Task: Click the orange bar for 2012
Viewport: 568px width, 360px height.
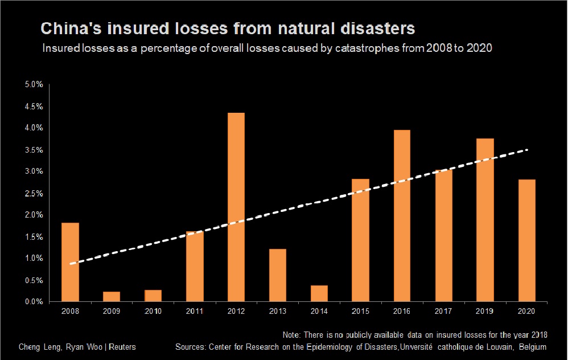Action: [x=236, y=207]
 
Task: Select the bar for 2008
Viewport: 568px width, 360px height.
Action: [x=70, y=262]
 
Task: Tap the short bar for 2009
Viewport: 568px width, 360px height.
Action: [x=112, y=297]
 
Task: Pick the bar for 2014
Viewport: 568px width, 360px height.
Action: [x=319, y=293]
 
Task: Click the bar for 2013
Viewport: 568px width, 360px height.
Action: [x=277, y=275]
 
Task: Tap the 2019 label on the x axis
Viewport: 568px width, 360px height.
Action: [x=485, y=312]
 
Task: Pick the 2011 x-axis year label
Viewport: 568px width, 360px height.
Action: [x=194, y=312]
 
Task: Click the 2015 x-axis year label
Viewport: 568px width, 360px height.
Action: [x=360, y=312]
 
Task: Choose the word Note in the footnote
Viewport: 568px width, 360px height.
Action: [x=292, y=334]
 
